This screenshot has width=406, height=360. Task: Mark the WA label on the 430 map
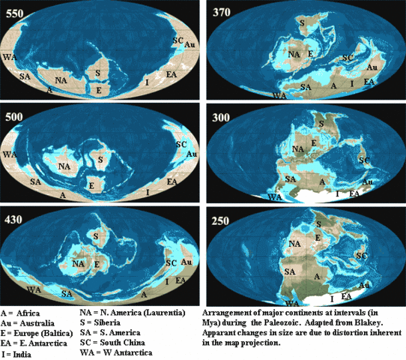pos(33,288)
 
